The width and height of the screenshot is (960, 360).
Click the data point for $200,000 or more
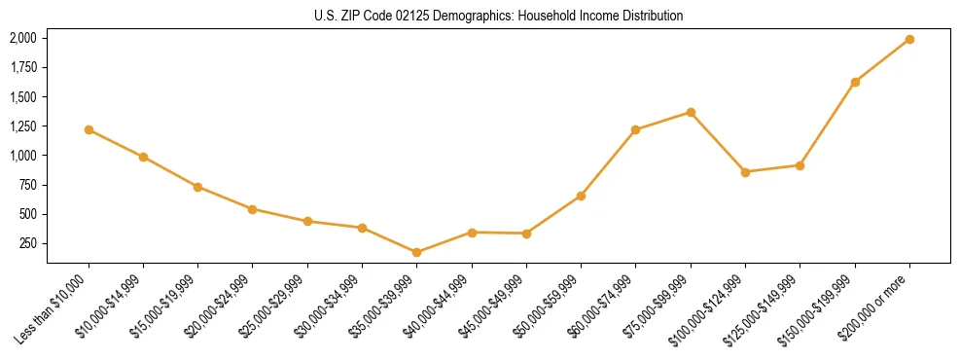[909, 39]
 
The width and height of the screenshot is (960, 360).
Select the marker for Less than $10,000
[89, 129]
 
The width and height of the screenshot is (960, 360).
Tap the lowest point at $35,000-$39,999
[416, 252]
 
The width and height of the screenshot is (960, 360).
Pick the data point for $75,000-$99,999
[691, 112]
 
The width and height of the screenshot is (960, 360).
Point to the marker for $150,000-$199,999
[855, 82]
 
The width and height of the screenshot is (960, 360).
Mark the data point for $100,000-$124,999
[745, 172]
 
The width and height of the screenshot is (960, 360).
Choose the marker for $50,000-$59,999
[581, 196]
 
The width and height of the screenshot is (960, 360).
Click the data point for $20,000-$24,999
[253, 209]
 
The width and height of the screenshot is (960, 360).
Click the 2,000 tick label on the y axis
[23, 38]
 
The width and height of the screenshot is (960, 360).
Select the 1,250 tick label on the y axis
[23, 126]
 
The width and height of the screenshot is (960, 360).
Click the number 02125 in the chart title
[386, 17]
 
